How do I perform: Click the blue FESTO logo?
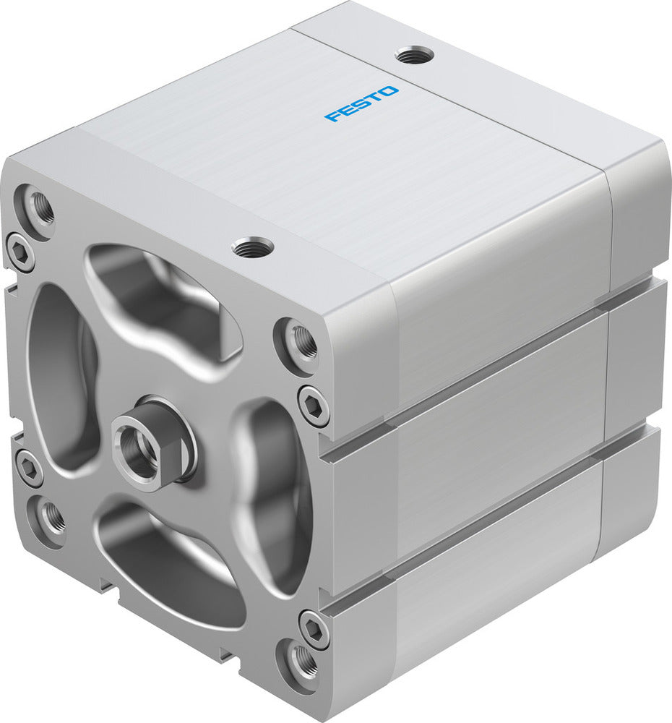pyautogui.click(x=361, y=103)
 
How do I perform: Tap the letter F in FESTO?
pyautogui.click(x=333, y=116)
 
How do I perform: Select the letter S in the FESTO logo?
pyautogui.click(x=361, y=103)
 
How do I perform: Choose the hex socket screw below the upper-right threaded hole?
pyautogui.click(x=314, y=405)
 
